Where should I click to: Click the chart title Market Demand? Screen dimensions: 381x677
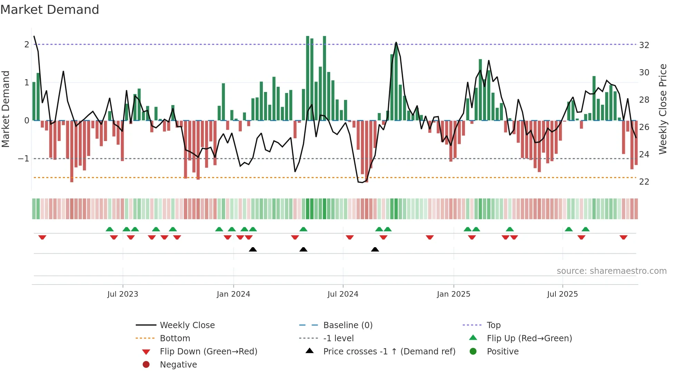tap(50, 9)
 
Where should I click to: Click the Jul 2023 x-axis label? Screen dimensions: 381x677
tap(123, 294)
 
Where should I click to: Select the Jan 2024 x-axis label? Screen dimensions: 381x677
tap(233, 294)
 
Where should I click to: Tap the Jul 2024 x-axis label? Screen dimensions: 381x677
tap(343, 294)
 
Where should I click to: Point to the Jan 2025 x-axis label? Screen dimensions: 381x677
tap(454, 294)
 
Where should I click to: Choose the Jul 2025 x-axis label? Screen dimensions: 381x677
tap(562, 294)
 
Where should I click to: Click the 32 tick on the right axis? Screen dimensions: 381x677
tap(644, 45)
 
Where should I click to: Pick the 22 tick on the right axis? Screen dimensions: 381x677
tap(644, 182)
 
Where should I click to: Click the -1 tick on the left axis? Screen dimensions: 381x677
tap(23, 159)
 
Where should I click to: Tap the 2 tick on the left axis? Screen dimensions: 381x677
tap(27, 45)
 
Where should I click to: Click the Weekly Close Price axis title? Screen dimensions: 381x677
tap(662, 109)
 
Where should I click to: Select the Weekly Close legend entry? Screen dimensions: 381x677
tap(187, 325)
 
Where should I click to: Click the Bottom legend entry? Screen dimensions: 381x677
tap(175, 338)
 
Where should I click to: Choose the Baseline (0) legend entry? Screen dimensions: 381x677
tap(348, 325)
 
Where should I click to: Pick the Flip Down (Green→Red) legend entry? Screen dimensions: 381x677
tap(208, 352)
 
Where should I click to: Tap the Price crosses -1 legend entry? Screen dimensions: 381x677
tap(389, 352)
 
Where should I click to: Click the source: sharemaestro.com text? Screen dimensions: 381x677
tap(611, 271)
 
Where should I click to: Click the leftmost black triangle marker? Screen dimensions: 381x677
tap(253, 249)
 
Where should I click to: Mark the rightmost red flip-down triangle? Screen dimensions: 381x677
tap(623, 237)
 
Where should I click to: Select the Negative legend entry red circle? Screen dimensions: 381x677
tap(146, 365)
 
